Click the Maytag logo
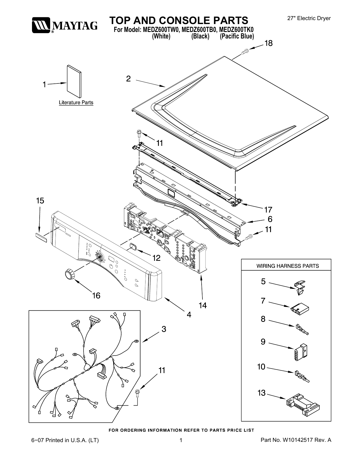coord(65,25)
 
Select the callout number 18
coord(268,43)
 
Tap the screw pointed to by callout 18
coord(245,51)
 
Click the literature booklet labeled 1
coord(74,81)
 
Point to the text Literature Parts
coord(76,102)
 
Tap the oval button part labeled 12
coord(132,246)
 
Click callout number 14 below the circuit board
coord(203,305)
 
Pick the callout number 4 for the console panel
coord(189,315)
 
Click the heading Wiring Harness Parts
coord(287,266)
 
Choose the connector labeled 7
coord(300,309)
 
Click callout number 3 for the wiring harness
coord(164,329)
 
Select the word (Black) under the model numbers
coord(200,36)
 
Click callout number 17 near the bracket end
coord(268,210)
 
